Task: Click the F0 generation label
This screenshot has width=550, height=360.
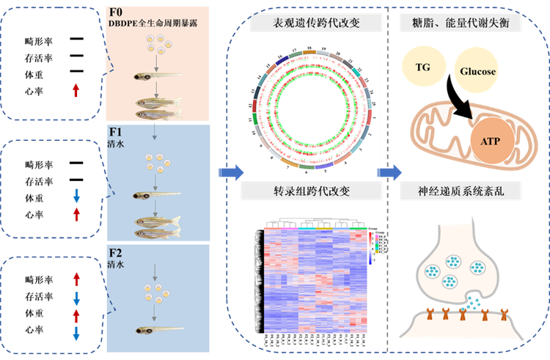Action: pos(116,12)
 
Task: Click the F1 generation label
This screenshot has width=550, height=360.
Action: pos(116,133)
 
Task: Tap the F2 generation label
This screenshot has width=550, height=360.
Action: pos(116,254)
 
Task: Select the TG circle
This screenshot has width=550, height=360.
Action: pos(423,67)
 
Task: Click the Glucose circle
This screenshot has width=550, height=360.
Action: pos(478,71)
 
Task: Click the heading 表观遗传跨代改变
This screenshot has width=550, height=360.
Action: pos(311,22)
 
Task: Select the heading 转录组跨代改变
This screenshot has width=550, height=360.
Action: pos(311,192)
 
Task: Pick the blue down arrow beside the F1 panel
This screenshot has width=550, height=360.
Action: pos(76,196)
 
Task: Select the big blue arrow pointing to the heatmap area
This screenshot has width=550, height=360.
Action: pos(232,173)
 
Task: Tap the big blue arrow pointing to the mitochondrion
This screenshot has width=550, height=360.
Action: pos(389,173)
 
